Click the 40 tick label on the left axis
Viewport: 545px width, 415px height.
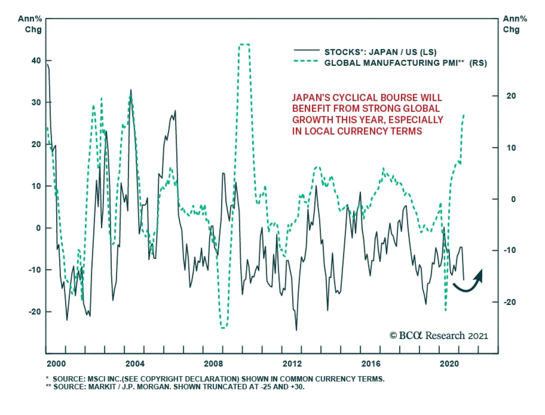(x=36, y=61)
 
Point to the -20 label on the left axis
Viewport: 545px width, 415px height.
(x=35, y=312)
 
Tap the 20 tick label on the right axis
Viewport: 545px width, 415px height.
(x=511, y=96)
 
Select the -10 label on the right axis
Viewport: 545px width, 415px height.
(x=510, y=250)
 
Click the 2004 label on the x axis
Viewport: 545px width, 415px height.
(x=135, y=364)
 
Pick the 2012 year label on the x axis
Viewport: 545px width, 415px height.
(x=292, y=364)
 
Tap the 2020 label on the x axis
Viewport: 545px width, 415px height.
(x=449, y=364)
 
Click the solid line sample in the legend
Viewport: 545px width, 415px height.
(x=307, y=51)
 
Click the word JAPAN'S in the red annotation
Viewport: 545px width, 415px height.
(x=311, y=98)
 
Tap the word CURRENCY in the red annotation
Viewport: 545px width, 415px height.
(x=360, y=131)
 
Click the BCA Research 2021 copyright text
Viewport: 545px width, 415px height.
(x=439, y=336)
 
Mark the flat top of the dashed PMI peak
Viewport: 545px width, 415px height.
(x=244, y=44)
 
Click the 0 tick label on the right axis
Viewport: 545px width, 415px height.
(x=513, y=199)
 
